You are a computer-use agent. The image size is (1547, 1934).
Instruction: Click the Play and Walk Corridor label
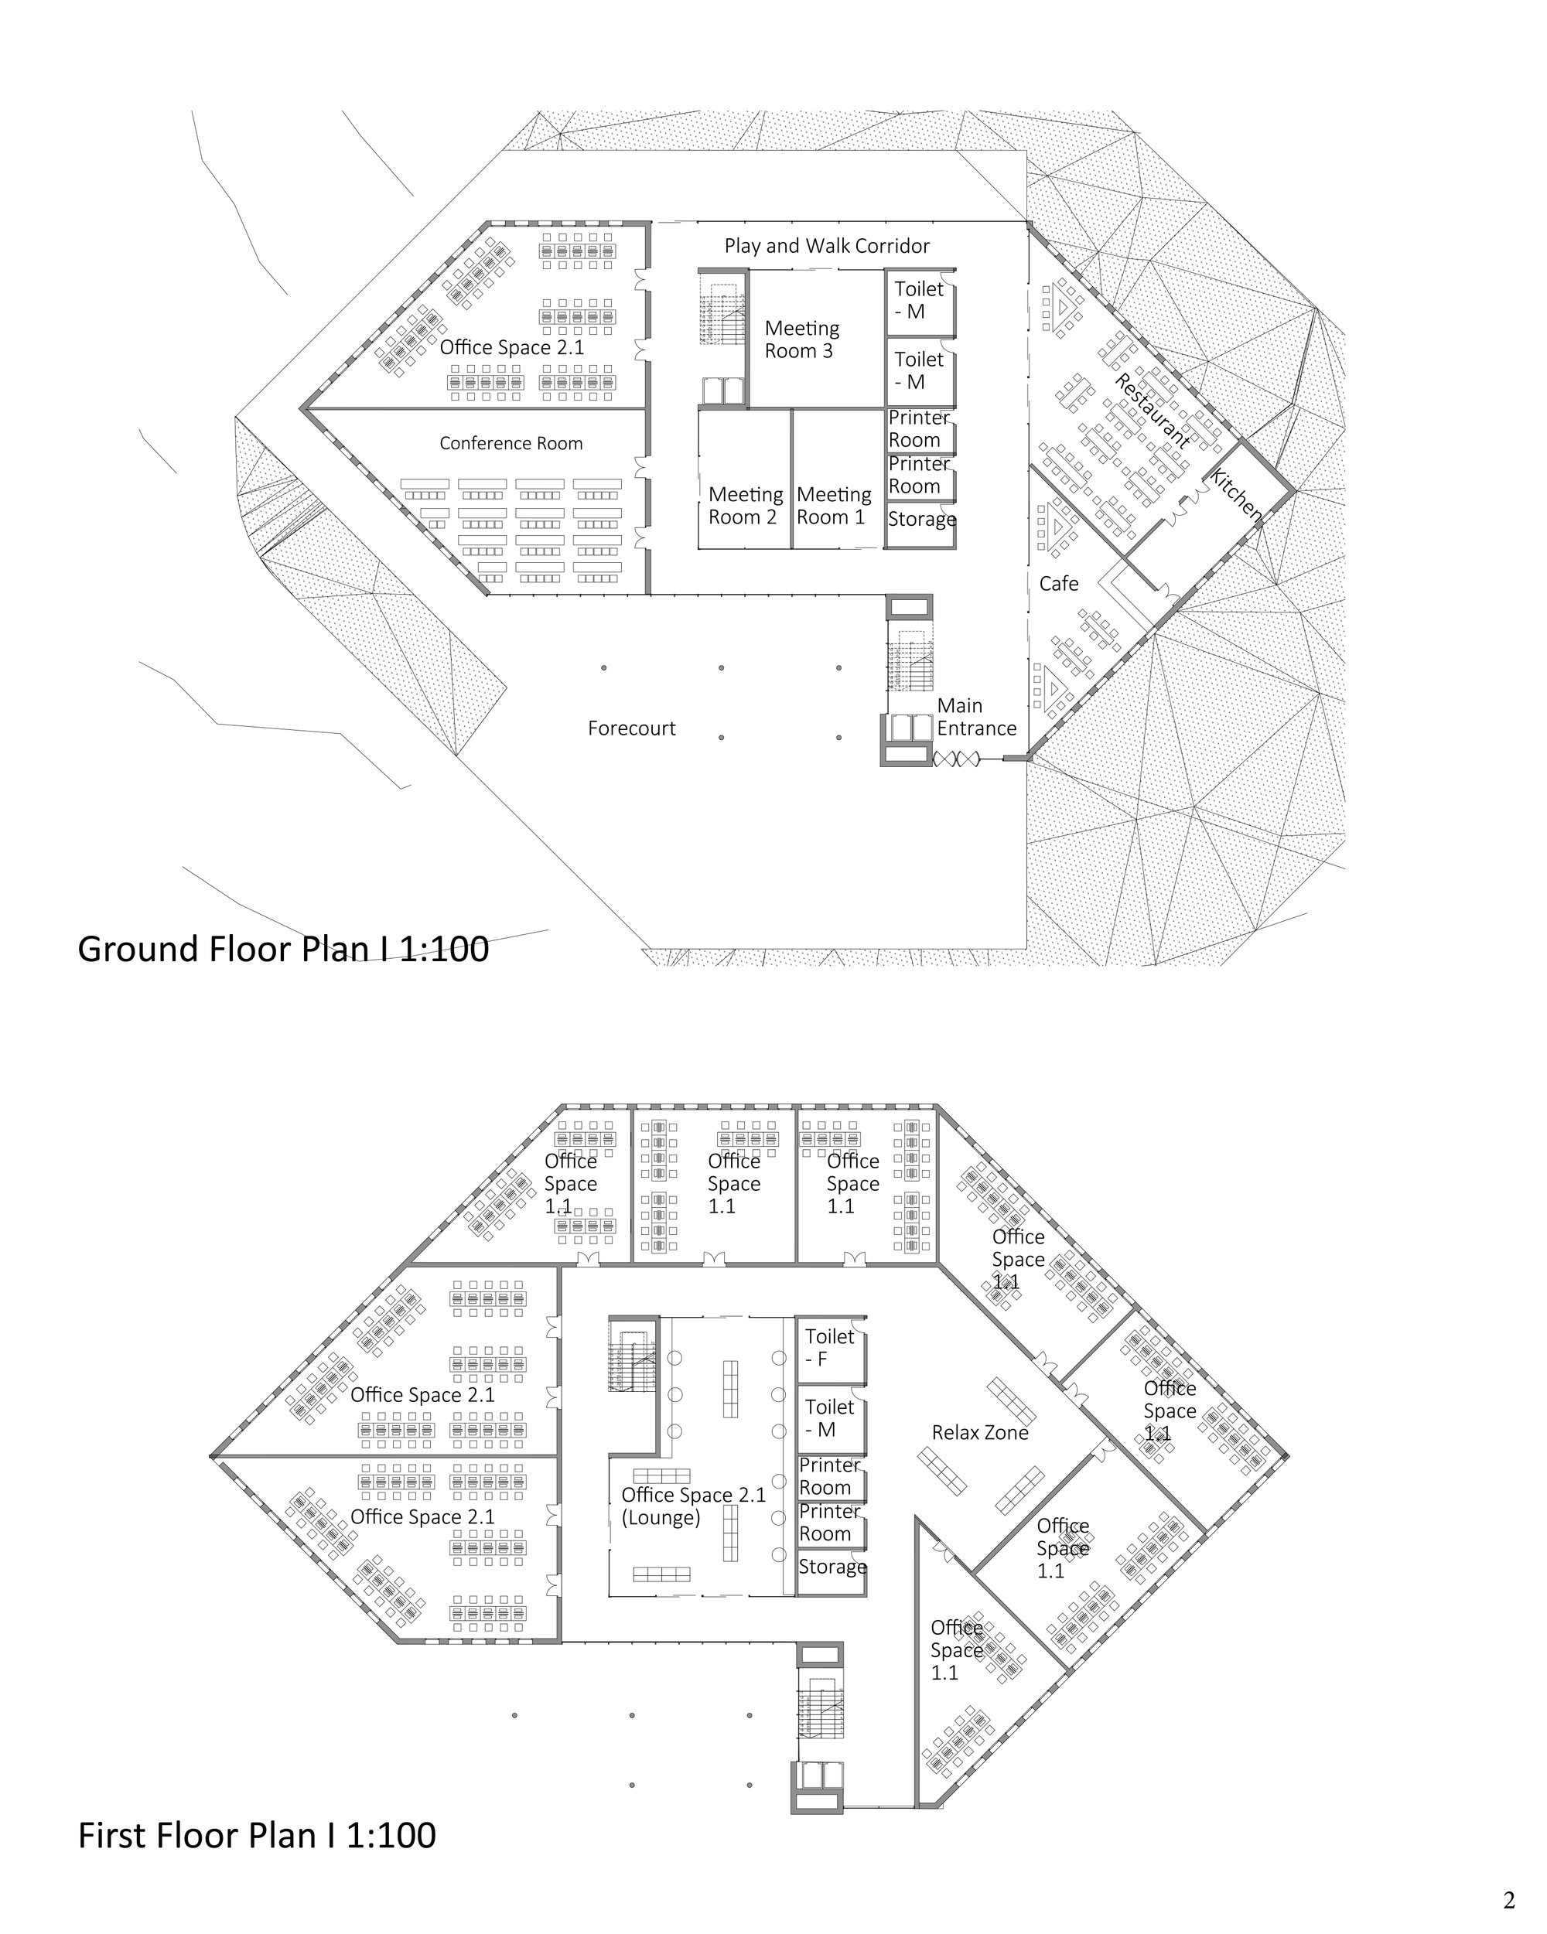tap(826, 246)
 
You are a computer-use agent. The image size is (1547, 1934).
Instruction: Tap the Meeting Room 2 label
tap(745, 505)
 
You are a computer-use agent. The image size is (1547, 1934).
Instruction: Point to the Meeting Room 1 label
tap(834, 505)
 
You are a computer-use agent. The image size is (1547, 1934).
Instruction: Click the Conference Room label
tap(511, 443)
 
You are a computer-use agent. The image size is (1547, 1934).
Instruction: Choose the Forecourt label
tap(631, 728)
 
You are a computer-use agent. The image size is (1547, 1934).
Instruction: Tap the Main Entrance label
tap(976, 717)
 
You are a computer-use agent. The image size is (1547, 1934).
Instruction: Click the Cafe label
tap(1059, 583)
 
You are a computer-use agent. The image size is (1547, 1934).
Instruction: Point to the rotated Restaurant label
tap(1153, 411)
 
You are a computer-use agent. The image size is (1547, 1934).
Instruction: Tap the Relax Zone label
tap(980, 1433)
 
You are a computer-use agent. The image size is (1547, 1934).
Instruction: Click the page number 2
tap(1509, 1900)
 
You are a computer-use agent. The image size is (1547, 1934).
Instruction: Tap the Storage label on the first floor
tap(833, 1566)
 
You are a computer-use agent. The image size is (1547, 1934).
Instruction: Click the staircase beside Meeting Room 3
tap(722, 308)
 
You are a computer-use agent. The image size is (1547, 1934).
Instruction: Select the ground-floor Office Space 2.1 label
tap(511, 347)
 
